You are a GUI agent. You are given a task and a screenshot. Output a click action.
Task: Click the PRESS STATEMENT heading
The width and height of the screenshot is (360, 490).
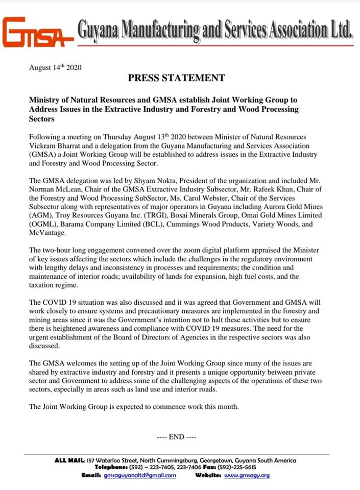[x=176, y=78]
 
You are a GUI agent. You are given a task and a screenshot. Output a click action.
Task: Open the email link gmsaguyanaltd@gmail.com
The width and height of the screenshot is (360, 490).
[x=140, y=475]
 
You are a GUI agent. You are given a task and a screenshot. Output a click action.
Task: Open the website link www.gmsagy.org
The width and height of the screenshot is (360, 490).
[x=247, y=475]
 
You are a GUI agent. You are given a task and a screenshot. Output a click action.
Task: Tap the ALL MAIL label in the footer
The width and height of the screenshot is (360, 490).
[x=69, y=460]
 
